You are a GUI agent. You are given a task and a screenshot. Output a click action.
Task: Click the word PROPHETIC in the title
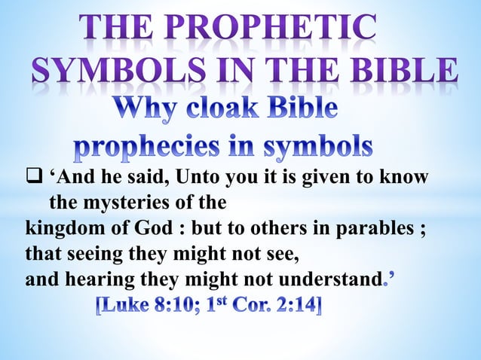click(271, 29)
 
